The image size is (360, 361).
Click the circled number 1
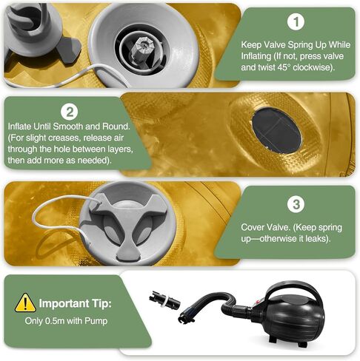pyautogui.click(x=296, y=22)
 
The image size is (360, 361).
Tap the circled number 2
pyautogui.click(x=70, y=112)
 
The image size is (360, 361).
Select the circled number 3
pyautogui.click(x=296, y=204)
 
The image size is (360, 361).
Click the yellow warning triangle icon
pyautogui.click(x=25, y=303)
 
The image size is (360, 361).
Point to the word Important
pyautogui.click(x=64, y=303)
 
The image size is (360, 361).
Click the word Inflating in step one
pyautogui.click(x=256, y=56)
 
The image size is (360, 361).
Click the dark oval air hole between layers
pyautogui.click(x=276, y=130)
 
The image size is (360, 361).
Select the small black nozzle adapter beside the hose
pyautogui.click(x=164, y=300)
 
